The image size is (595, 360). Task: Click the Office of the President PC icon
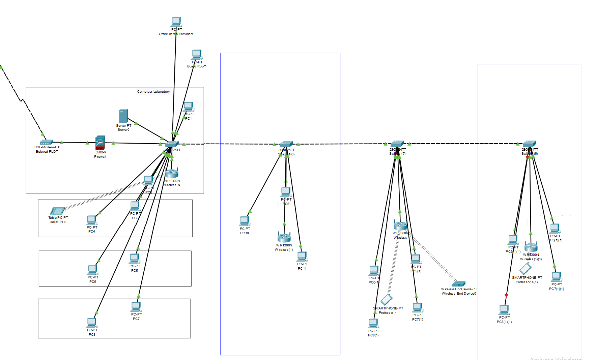(176, 22)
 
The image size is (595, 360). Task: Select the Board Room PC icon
(197, 55)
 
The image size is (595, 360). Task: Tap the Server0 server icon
(123, 116)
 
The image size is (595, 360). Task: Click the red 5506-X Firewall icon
(100, 143)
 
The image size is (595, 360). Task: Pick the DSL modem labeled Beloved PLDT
(46, 142)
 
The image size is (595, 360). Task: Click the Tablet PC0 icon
(58, 211)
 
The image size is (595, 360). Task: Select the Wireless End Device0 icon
(459, 284)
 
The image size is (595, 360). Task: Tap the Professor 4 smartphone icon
(387, 299)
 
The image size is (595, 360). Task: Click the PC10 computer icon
(245, 221)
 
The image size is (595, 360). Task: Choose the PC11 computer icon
(302, 257)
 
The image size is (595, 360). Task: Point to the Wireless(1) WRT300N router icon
(284, 237)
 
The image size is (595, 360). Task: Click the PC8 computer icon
(92, 323)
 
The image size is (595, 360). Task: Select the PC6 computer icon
(93, 270)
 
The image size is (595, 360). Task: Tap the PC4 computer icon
(91, 220)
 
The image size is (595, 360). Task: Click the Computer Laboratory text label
(153, 92)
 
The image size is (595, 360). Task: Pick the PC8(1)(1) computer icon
(504, 310)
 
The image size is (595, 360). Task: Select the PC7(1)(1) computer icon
(557, 277)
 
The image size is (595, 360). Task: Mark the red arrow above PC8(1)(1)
(506, 296)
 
